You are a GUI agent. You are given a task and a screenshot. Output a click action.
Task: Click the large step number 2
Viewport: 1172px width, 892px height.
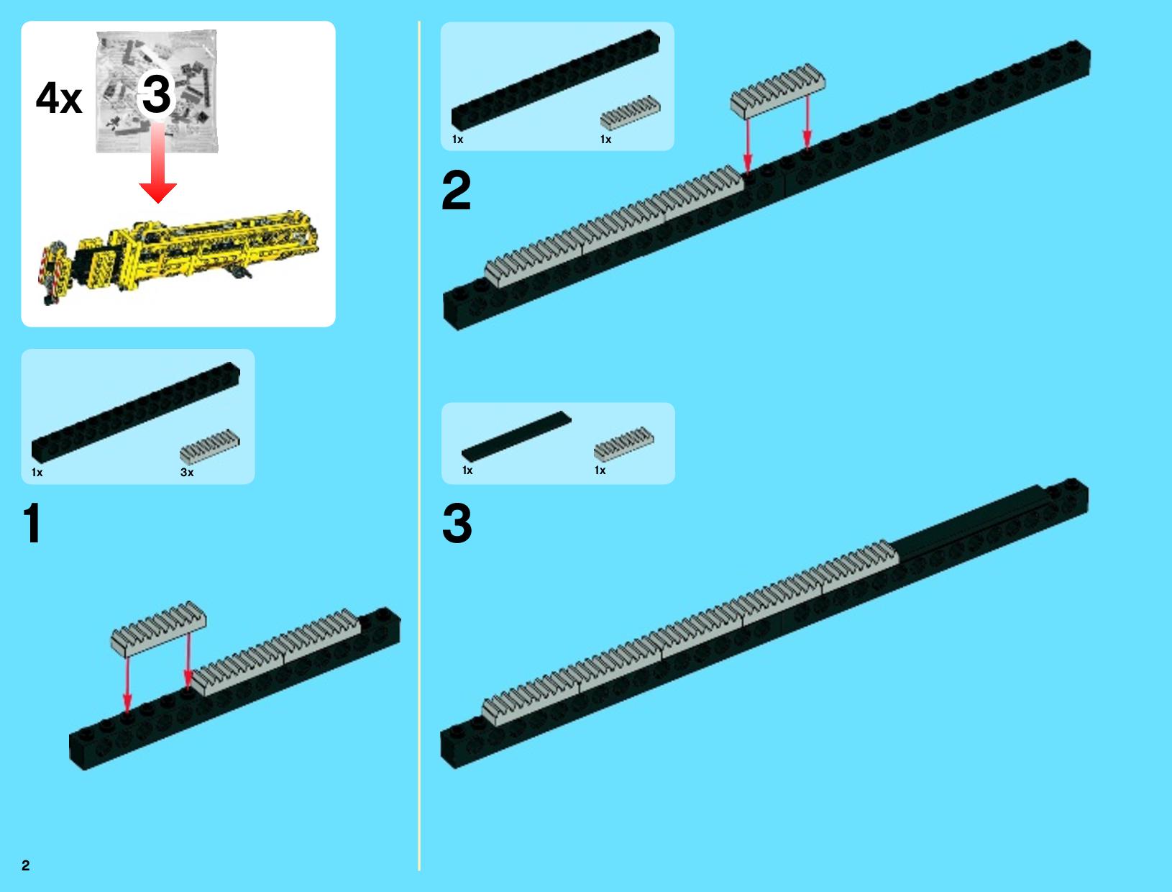click(457, 190)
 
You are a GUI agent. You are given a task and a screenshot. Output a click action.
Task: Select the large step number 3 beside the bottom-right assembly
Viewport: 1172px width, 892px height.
click(457, 523)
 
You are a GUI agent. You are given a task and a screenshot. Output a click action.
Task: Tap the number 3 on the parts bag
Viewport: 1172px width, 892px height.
click(157, 94)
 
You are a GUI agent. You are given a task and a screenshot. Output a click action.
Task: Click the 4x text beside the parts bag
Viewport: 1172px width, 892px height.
click(59, 98)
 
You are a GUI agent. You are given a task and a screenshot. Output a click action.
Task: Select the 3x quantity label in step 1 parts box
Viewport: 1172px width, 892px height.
click(187, 472)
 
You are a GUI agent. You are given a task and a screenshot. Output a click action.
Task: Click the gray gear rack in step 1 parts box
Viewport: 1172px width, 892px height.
click(210, 446)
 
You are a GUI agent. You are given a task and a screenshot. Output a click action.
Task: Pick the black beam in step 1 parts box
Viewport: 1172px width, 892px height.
click(136, 411)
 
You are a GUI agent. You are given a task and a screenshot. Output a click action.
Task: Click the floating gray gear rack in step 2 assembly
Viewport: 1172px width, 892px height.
click(778, 91)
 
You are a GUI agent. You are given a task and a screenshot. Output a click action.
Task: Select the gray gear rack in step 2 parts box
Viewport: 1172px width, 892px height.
click(630, 113)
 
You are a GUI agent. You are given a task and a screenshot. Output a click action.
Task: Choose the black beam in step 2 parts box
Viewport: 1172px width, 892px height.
click(556, 80)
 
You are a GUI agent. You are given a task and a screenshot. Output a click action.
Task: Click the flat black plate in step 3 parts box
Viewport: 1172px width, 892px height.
click(516, 437)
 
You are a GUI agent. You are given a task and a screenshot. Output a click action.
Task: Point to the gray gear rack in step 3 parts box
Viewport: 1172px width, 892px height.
click(623, 444)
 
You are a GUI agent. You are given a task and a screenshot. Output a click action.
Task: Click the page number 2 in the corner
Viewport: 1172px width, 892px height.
click(26, 865)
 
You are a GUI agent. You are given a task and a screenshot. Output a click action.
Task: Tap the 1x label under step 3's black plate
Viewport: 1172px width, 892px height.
click(467, 470)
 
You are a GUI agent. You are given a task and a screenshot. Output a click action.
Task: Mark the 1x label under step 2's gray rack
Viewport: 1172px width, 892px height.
click(605, 140)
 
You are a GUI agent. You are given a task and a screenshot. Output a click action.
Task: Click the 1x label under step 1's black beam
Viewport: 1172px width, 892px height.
click(37, 472)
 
